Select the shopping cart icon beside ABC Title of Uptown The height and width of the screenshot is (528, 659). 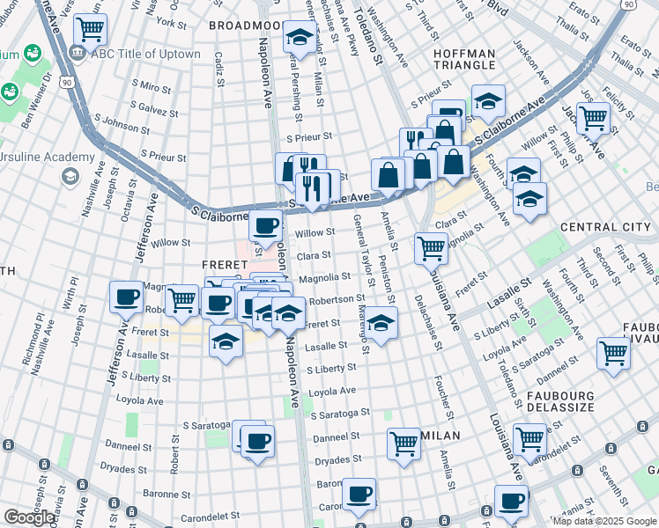pyautogui.click(x=90, y=30)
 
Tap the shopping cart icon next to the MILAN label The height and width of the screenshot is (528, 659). pyautogui.click(x=404, y=443)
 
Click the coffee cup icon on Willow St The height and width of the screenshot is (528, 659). pyautogui.click(x=265, y=225)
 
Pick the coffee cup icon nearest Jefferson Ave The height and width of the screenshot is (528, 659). pyautogui.click(x=126, y=296)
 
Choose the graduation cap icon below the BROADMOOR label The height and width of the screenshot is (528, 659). pyautogui.click(x=300, y=38)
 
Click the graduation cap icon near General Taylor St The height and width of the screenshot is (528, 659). pyautogui.click(x=381, y=322)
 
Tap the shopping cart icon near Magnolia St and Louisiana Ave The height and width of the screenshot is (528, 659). pyautogui.click(x=431, y=248)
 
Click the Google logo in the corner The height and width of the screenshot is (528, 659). pyautogui.click(x=30, y=517)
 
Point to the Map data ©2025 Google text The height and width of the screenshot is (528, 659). pyautogui.click(x=603, y=521)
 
